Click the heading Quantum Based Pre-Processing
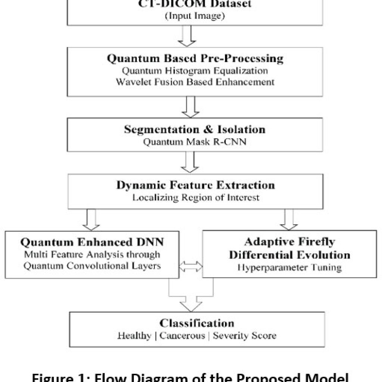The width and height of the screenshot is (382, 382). coord(195,59)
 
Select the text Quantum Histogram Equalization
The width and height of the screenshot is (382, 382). coord(195,71)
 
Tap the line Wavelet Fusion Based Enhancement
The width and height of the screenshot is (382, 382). coord(195,82)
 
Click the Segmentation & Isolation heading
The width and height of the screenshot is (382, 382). coord(195,129)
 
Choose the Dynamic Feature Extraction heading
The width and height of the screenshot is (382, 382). coord(195,185)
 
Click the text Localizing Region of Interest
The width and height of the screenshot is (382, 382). coord(195,197)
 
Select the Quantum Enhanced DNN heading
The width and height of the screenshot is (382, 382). coord(92,242)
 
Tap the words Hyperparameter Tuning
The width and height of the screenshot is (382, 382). coord(289,267)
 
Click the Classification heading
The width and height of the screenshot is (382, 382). coord(192,323)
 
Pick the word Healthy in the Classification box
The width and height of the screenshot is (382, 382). coord(134,335)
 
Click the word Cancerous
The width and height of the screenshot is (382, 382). coord(182,335)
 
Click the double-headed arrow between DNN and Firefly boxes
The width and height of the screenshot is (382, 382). coord(191,266)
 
